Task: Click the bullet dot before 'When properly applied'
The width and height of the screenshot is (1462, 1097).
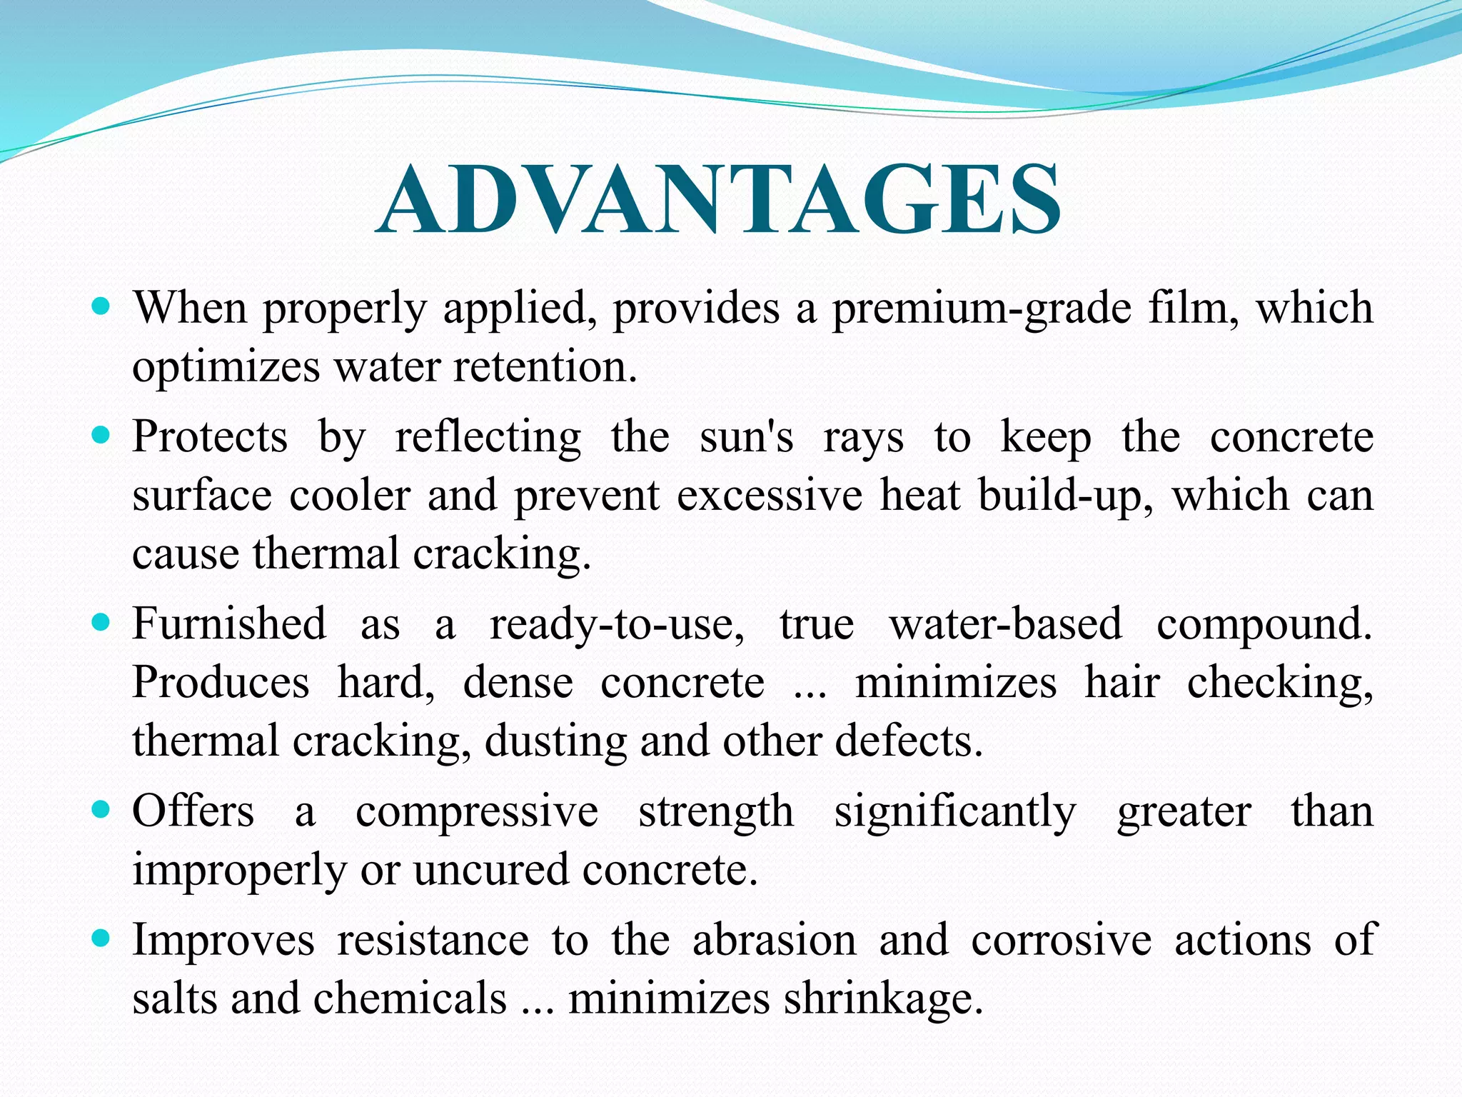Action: pos(102,307)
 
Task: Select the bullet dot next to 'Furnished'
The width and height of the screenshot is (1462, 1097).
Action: pos(102,623)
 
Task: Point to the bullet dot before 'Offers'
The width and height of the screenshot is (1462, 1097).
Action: pos(102,810)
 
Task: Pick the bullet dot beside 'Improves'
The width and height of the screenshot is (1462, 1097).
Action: pos(102,938)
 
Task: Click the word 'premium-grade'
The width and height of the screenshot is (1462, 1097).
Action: pos(982,310)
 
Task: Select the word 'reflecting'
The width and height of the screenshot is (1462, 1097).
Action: pos(488,438)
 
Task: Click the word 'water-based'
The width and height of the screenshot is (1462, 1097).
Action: pos(1005,624)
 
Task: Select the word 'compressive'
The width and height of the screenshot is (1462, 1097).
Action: pos(477,813)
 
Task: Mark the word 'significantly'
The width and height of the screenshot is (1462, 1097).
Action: pos(955,813)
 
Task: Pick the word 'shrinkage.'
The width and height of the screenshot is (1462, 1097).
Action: pos(883,999)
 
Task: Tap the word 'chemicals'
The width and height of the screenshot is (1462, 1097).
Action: pos(410,998)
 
